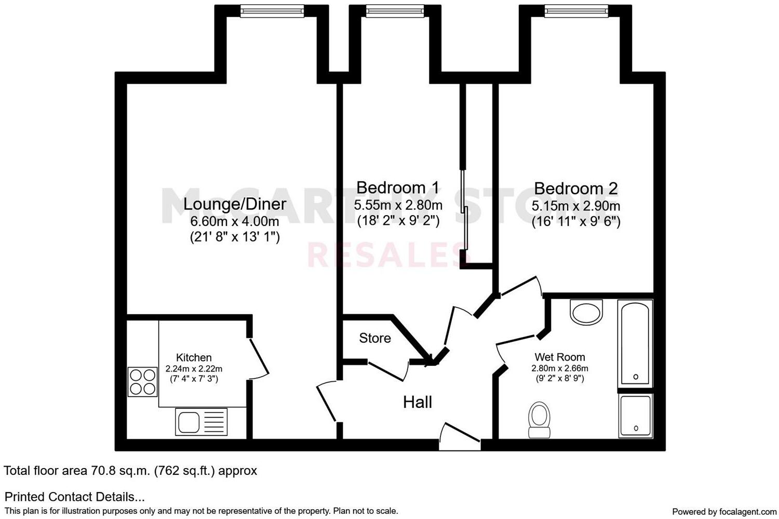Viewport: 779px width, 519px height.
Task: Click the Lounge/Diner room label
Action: tap(235, 204)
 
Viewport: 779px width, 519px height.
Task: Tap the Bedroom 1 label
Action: tap(398, 187)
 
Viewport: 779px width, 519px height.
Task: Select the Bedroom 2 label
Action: tap(575, 188)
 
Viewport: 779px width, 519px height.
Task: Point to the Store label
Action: tap(375, 338)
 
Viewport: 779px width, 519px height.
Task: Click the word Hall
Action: tap(418, 402)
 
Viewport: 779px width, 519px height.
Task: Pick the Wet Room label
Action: tap(560, 357)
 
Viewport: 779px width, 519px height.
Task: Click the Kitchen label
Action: tap(194, 357)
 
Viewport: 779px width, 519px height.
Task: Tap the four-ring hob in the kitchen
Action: tap(143, 382)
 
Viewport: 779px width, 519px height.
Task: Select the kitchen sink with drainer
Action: tap(202, 421)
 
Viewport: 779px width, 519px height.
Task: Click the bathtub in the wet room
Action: tap(635, 343)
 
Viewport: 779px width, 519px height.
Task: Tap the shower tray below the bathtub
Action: tap(635, 416)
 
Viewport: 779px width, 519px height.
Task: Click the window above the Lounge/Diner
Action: tap(272, 11)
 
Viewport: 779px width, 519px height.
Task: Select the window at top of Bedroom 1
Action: tap(395, 11)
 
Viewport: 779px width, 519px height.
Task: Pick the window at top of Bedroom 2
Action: tap(576, 11)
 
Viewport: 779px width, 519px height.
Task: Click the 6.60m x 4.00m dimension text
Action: tap(235, 221)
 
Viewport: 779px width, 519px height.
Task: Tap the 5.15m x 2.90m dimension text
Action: tap(575, 206)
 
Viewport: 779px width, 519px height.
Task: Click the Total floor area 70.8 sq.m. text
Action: tap(130, 471)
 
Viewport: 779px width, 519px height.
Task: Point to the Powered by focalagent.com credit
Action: tap(724, 512)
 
